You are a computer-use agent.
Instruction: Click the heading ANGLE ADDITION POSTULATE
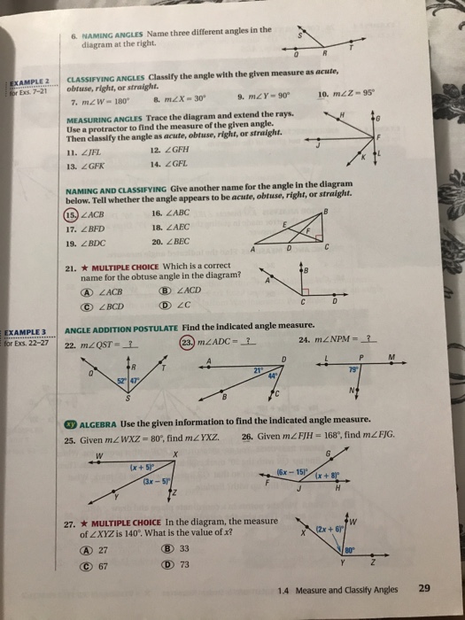[115, 329]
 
